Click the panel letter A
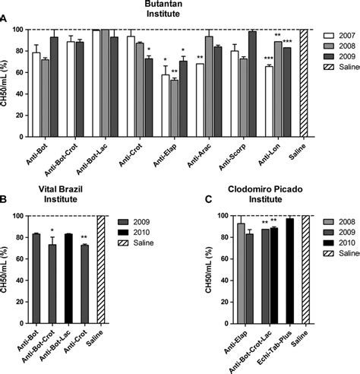click(x=6, y=27)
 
